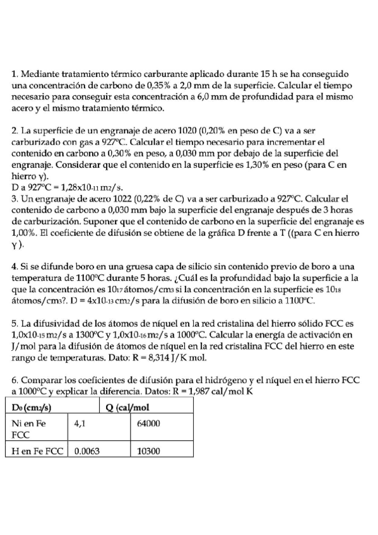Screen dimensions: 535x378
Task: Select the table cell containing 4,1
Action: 80,425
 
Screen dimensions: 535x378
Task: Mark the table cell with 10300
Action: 150,451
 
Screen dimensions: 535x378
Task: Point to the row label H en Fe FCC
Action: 38,451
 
